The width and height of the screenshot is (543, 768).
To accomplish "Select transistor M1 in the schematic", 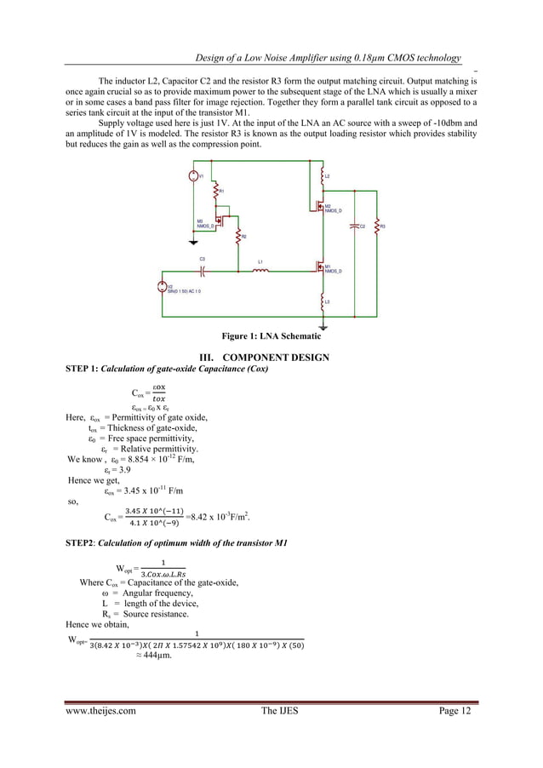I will tap(316, 267).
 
